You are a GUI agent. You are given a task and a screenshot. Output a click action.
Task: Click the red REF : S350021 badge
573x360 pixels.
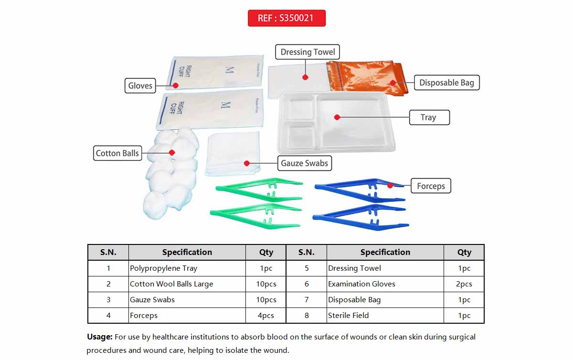(286, 18)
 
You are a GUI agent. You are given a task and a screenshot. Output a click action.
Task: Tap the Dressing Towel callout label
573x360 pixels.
(308, 52)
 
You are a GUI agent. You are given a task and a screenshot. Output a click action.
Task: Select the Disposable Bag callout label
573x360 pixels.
(446, 83)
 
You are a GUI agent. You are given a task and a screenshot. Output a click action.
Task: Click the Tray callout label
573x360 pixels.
(429, 117)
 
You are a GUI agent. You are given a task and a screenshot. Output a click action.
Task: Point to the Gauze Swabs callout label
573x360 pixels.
(304, 163)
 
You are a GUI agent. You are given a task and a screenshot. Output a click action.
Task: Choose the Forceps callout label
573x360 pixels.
(431, 186)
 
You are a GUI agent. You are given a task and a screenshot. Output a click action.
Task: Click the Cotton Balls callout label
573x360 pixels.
(117, 153)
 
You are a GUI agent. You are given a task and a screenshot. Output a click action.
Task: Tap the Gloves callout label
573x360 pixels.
(140, 86)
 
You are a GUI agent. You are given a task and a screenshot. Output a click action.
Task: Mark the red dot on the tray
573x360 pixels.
(337, 117)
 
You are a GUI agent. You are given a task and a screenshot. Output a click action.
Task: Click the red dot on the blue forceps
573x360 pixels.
(390, 185)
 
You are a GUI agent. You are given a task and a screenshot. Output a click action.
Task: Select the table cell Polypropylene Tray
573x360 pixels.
(187, 268)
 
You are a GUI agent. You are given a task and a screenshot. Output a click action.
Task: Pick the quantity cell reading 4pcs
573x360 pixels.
(266, 316)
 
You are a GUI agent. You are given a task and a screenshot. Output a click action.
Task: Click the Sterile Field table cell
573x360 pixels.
(385, 316)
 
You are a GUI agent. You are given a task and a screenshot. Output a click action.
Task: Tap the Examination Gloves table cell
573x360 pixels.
(385, 284)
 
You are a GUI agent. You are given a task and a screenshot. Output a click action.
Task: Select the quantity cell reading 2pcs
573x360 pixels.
(464, 284)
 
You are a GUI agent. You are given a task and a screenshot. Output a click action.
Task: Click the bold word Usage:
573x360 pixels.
(99, 337)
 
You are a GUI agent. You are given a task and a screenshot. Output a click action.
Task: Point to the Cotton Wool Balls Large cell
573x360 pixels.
(187, 284)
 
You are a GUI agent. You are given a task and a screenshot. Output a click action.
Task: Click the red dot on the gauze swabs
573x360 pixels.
(247, 163)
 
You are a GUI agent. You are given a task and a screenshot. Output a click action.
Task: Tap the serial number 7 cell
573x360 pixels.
(307, 300)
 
